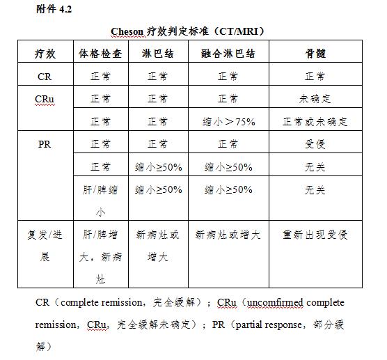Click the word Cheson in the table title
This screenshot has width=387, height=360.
(128, 32)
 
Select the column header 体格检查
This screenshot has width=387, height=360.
(100, 54)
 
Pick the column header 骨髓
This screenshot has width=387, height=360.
(315, 54)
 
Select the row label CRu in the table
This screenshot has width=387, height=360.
(45, 99)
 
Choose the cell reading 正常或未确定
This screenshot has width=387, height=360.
(315, 122)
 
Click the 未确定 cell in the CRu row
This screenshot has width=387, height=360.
(315, 99)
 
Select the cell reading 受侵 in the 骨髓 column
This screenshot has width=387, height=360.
(315, 144)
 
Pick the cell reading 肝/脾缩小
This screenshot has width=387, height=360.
(100, 201)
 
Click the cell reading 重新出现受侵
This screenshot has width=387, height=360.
(315, 235)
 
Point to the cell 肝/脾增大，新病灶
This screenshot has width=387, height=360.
(100, 257)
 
